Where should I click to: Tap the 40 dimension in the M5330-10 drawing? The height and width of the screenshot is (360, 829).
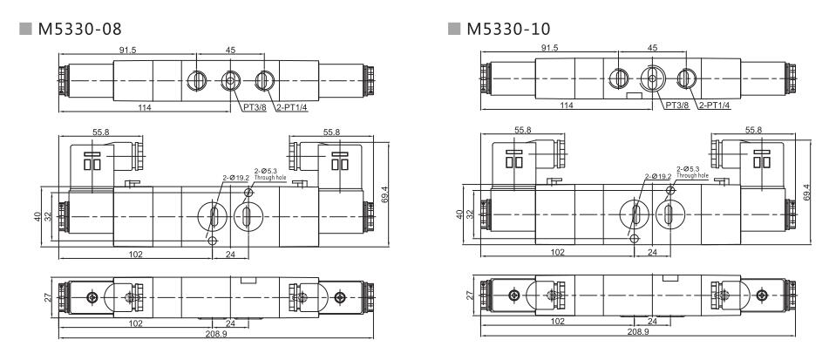click(459, 214)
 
